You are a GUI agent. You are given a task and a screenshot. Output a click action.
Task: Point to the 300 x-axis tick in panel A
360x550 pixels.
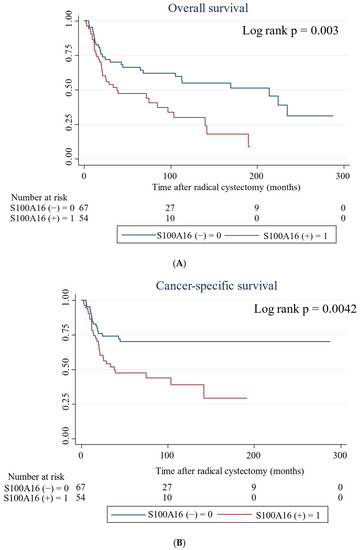[344, 171]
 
